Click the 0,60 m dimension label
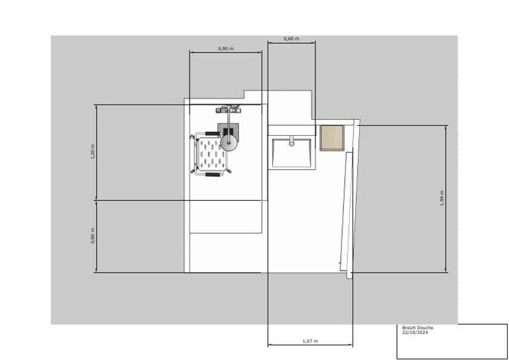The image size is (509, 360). (x=291, y=38)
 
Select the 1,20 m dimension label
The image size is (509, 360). (x=93, y=152)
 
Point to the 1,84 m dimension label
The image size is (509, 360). (x=441, y=198)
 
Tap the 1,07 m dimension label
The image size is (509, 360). (x=310, y=341)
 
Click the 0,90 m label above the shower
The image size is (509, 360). (x=225, y=49)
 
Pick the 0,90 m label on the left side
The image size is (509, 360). (x=93, y=235)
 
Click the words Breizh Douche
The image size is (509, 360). (x=415, y=328)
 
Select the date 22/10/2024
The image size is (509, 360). (x=415, y=333)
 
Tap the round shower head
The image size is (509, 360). (x=229, y=141)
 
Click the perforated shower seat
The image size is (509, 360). (x=212, y=154)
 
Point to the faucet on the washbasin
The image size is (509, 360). (x=291, y=140)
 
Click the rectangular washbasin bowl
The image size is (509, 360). (x=291, y=152)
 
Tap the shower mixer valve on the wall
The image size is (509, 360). (x=230, y=108)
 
